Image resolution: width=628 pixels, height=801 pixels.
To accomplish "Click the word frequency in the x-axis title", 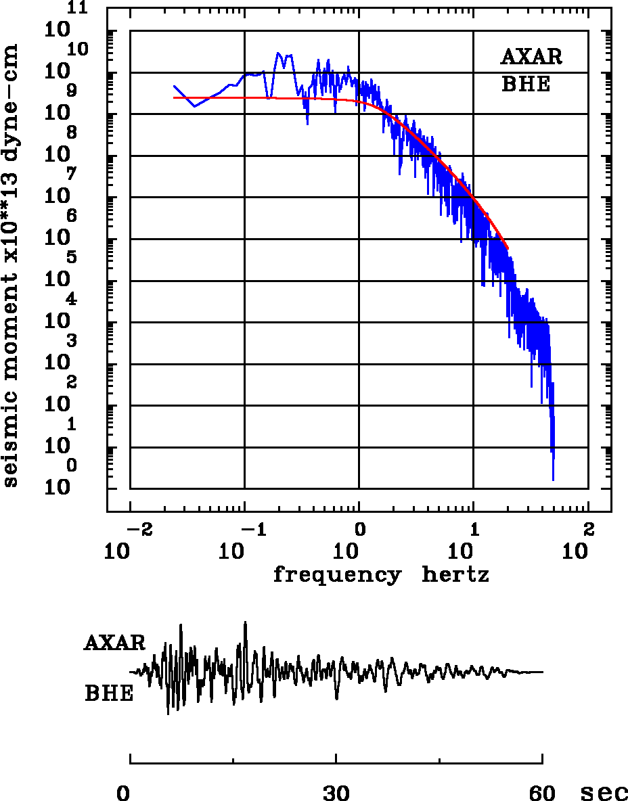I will (336, 575).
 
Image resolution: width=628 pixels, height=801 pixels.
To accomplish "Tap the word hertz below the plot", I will (455, 575).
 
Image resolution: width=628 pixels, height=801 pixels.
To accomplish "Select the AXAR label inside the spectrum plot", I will (531, 57).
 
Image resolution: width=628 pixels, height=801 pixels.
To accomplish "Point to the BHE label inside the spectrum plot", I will (526, 85).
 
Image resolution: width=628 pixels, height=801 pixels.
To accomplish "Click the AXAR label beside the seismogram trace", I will (114, 643).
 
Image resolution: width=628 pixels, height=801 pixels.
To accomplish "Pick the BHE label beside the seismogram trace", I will (109, 694).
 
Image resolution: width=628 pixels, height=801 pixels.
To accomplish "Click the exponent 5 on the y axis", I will (71, 257).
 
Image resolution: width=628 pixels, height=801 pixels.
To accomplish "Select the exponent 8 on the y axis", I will (71, 133).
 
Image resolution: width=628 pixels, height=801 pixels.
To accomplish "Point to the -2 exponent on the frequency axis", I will (137, 528).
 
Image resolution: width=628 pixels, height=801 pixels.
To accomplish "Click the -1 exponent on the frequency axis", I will (252, 528).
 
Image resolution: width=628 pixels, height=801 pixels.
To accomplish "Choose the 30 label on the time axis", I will (336, 793).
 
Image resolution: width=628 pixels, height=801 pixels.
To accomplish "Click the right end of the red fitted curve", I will (508, 248).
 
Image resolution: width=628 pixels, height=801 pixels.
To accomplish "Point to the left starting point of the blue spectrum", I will (174, 86).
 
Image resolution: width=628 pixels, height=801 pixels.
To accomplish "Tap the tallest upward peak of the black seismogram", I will (246, 622).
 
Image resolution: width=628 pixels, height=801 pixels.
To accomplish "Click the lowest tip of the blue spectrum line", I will (553, 480).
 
